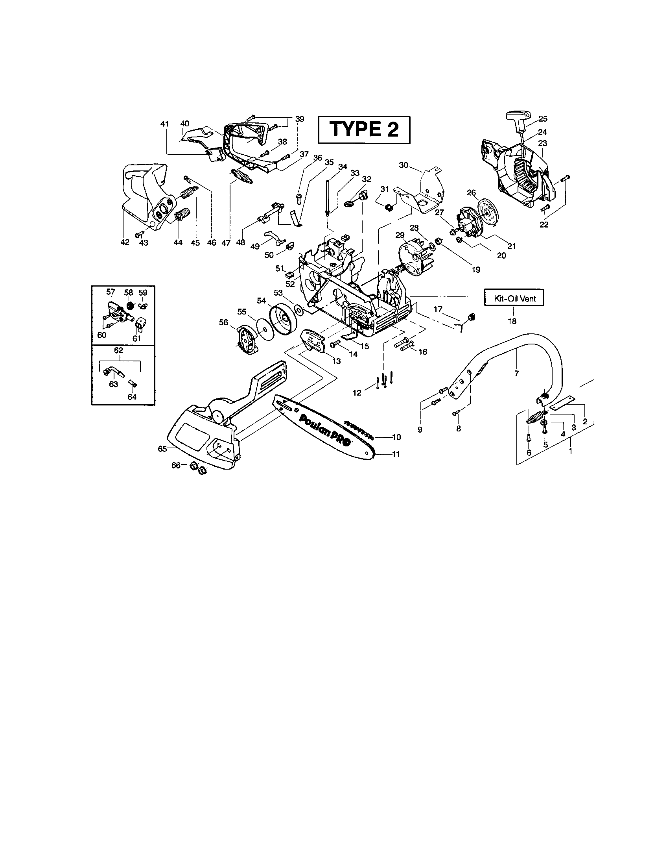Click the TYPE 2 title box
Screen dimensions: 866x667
364,130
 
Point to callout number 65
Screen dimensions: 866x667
162,448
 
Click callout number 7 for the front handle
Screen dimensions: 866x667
516,373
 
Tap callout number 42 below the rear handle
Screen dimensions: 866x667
125,242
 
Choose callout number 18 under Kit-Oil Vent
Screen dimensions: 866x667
512,321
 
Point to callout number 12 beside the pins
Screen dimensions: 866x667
357,392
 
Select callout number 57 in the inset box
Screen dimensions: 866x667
111,292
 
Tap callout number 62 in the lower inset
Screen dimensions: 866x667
118,350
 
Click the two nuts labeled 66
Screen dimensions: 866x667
198,468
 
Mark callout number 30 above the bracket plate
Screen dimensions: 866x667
403,165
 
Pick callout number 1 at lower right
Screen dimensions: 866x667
570,451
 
